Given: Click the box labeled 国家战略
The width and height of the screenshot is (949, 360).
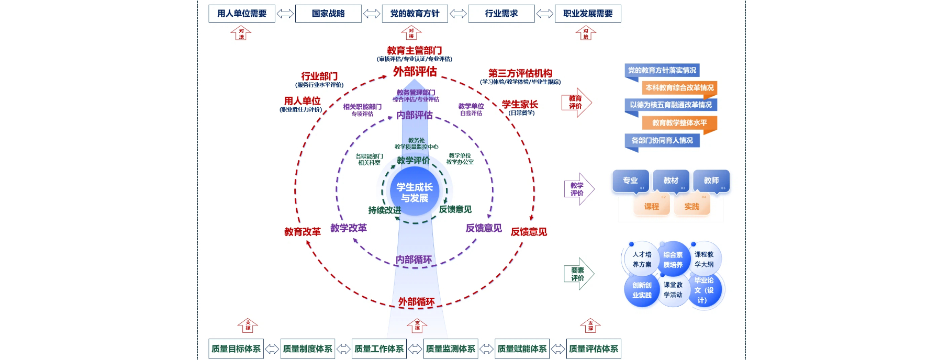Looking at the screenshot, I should point(328,14).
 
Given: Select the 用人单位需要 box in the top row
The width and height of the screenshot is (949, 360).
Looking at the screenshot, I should point(242,14).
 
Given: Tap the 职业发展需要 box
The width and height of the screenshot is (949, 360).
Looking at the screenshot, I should point(588,14).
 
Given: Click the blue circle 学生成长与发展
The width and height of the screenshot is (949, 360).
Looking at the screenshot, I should point(415,192).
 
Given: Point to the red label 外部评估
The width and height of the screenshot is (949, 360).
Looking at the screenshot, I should point(415,71).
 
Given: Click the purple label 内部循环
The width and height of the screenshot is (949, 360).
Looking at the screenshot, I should point(414,260).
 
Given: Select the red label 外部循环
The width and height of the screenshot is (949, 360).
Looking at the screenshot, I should point(416,302).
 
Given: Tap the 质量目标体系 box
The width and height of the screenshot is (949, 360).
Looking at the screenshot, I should point(236,348).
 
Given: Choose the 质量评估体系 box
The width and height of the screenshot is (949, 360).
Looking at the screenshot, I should point(594,348).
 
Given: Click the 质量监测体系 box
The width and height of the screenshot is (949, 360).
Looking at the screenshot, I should point(451,348).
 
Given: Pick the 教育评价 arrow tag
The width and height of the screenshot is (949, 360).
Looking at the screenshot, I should point(578,102).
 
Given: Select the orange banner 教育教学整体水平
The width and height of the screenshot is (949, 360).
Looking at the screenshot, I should point(679,123).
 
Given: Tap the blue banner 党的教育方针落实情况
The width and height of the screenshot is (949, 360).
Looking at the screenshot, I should point(662,71).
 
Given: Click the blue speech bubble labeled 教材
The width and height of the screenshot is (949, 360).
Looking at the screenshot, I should point(671,181).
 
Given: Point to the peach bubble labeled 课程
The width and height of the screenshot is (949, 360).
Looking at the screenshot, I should point(652,206).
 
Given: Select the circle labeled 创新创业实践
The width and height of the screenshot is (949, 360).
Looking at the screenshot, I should point(642,290).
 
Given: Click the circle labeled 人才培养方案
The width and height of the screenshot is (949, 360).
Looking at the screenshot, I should point(642,259).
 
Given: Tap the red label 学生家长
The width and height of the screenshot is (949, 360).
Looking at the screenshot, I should point(520,105).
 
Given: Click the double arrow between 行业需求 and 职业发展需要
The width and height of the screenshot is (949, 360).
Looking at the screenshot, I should point(545,14).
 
